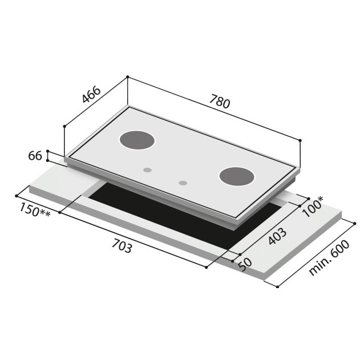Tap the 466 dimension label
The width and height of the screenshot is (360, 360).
point(91,94)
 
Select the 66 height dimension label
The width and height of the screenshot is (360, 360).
point(35,156)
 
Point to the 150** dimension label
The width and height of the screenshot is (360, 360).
point(34,209)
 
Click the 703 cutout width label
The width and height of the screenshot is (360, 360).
point(122,246)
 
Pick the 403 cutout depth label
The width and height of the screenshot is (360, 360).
point(277,236)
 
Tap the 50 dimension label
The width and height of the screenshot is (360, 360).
point(245,265)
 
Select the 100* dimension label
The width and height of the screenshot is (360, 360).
point(313,207)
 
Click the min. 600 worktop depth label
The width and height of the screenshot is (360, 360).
point(329,258)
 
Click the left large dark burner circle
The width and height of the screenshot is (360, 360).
point(137,140)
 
